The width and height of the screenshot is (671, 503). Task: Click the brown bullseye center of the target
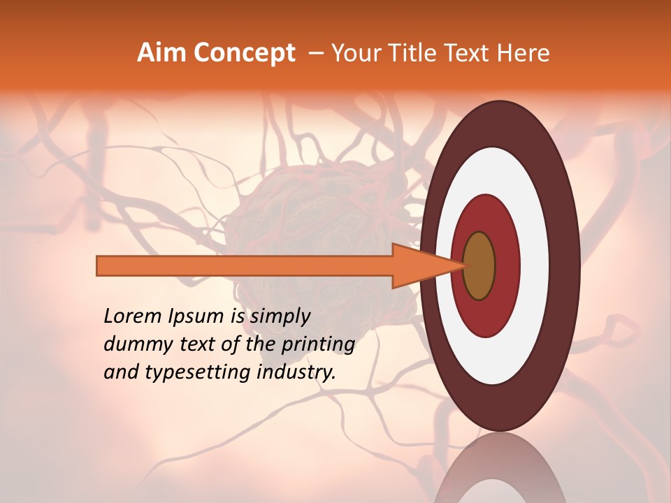(x=479, y=265)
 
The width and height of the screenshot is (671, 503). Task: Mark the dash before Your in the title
(x=316, y=53)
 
